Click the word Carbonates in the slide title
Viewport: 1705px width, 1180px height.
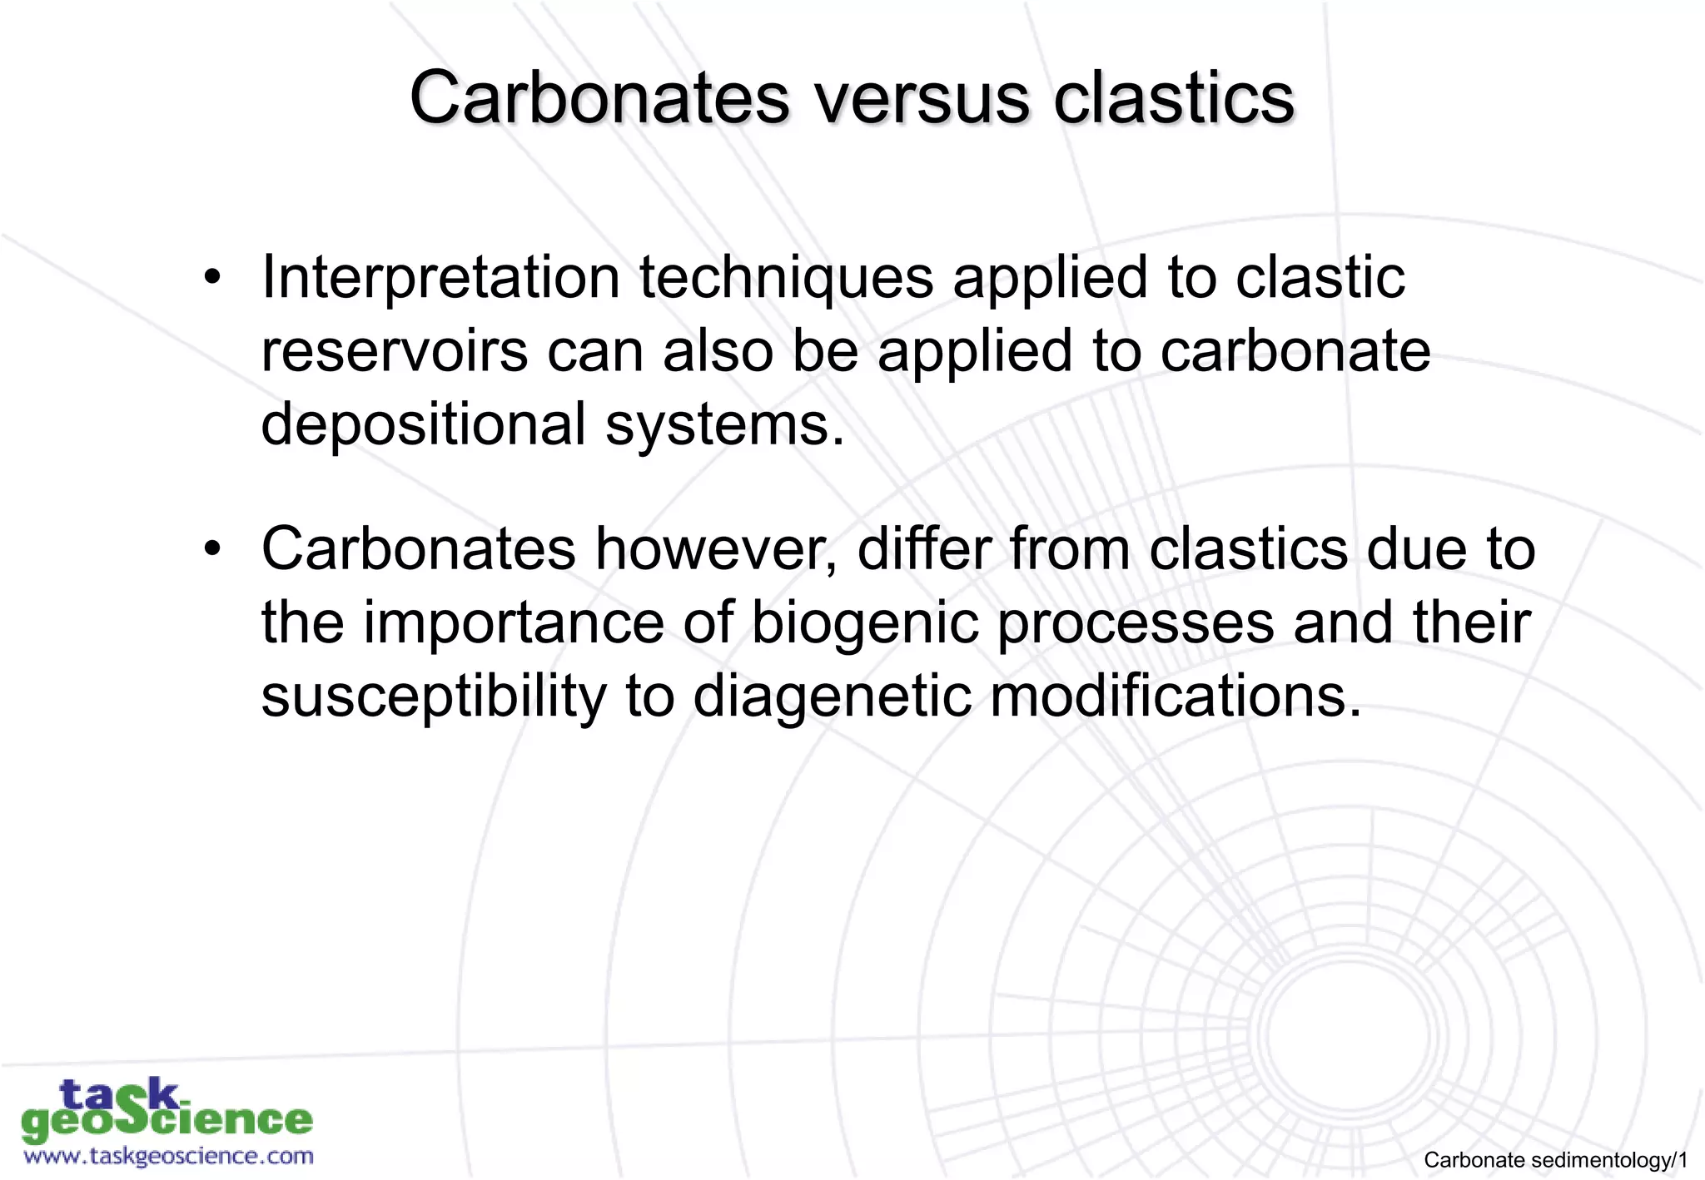[598, 98]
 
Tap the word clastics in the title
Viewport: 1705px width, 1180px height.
[1174, 98]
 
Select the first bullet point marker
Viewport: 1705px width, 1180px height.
[213, 277]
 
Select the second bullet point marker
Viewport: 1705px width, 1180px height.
[213, 549]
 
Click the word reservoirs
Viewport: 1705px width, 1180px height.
[394, 351]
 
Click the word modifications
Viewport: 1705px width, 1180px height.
[1175, 696]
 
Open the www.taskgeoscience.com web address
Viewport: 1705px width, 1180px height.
[168, 1156]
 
